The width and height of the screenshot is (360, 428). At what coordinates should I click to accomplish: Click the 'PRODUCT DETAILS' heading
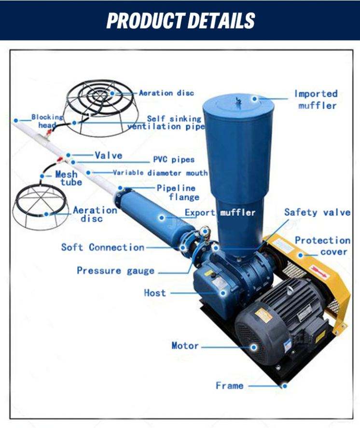click(180, 20)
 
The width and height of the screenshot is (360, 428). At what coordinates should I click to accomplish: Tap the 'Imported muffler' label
click(316, 99)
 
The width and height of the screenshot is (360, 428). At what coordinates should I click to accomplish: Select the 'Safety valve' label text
click(317, 212)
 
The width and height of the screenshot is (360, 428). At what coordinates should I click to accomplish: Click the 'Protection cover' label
click(323, 246)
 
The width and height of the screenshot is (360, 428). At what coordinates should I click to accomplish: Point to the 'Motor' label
click(185, 345)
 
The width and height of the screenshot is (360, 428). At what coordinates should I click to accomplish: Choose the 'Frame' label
click(230, 386)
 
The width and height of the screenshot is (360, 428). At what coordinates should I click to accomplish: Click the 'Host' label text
click(155, 293)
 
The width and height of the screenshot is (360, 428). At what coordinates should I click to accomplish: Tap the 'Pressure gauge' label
click(116, 271)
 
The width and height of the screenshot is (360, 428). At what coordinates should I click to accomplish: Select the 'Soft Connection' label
click(103, 248)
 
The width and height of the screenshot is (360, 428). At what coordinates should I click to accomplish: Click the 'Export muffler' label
click(220, 213)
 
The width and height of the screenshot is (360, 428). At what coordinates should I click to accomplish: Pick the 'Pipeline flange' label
click(178, 193)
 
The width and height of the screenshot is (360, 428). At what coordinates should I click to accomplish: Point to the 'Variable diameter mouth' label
click(160, 173)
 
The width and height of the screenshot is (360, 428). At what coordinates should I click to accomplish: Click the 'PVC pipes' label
click(174, 159)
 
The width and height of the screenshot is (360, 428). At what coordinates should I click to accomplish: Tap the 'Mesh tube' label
click(68, 178)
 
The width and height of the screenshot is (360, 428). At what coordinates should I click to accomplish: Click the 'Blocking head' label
click(47, 121)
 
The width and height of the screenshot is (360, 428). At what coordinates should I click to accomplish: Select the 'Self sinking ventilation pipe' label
click(166, 123)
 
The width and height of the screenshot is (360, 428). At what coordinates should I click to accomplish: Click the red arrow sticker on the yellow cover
click(318, 271)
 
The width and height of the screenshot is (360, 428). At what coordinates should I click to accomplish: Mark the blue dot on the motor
click(254, 347)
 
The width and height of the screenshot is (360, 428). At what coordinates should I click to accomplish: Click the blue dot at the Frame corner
click(285, 386)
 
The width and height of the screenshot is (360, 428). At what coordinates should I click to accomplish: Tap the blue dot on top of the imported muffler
click(255, 98)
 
